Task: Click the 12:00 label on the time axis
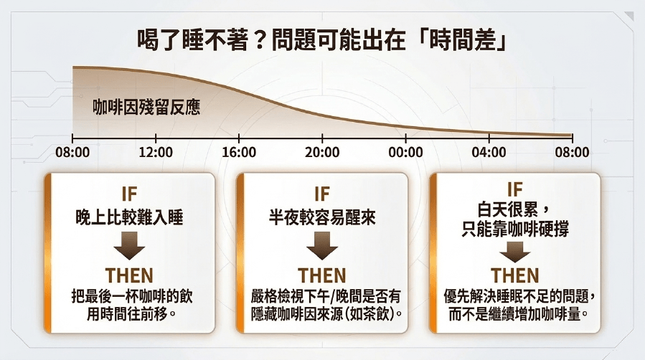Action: tap(156, 153)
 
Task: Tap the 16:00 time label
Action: tap(239, 153)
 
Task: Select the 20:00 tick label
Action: tap(322, 153)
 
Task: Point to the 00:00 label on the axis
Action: tap(405, 153)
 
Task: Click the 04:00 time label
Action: tap(489, 153)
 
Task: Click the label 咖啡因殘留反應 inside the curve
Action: tap(146, 108)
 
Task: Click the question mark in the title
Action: tap(258, 41)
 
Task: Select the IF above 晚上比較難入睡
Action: tap(130, 194)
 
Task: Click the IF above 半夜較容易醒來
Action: tap(322, 194)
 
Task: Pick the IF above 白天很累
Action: tap(514, 189)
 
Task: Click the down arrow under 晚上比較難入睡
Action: tap(130, 246)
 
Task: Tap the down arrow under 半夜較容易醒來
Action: tap(322, 246)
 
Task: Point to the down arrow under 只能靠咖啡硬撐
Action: tap(514, 252)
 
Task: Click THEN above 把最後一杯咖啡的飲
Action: tap(130, 275)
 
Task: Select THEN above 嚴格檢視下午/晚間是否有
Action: tap(322, 275)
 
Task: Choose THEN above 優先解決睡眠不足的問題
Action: tap(514, 275)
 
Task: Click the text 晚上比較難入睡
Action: tap(130, 217)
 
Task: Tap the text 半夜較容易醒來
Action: tap(322, 217)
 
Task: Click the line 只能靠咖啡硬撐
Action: tap(515, 229)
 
